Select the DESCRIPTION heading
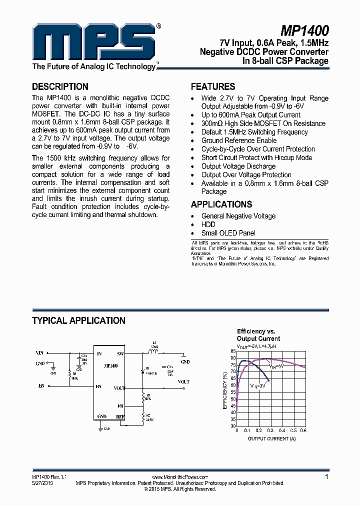[60, 86]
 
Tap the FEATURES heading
[213, 86]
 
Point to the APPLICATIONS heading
[221, 204]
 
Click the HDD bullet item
[208, 224]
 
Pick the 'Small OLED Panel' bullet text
[228, 233]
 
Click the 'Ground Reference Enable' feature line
[239, 140]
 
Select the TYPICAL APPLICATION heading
[78, 320]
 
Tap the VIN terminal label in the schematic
[40, 353]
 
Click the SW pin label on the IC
[120, 354]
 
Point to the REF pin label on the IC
[120, 416]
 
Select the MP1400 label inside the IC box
[110, 366]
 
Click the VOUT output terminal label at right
[183, 381]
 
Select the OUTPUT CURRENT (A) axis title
[271, 438]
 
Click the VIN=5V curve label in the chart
[276, 366]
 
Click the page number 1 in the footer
[326, 477]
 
